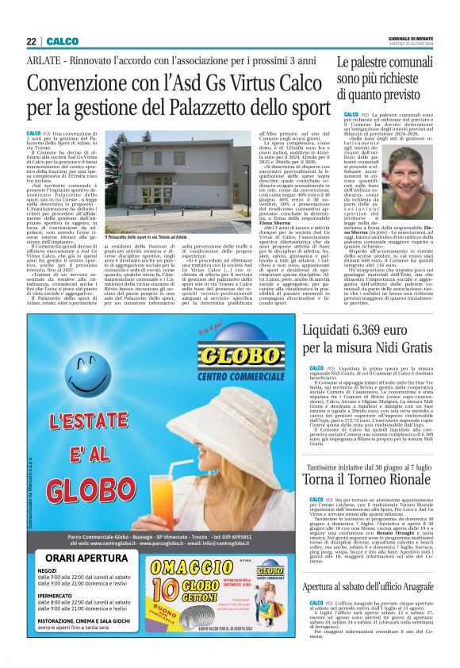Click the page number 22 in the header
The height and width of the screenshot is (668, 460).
(x=29, y=41)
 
